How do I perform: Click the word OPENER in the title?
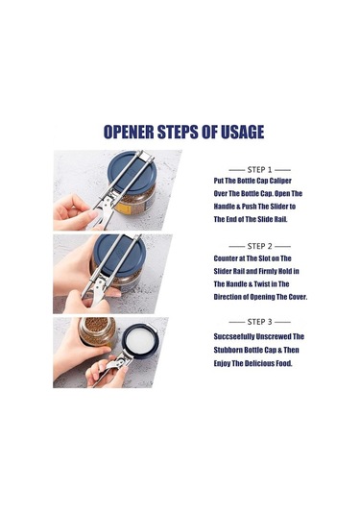pyautogui.click(x=129, y=132)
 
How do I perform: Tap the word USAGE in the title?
pyautogui.click(x=243, y=132)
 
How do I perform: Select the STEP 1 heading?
pyautogui.click(x=260, y=170)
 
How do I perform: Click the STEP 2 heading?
pyautogui.click(x=260, y=246)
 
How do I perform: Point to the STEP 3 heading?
pyautogui.click(x=260, y=322)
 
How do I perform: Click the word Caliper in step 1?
pyautogui.click(x=280, y=181)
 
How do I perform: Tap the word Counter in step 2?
pyautogui.click(x=226, y=258)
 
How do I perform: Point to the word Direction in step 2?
pyautogui.click(x=227, y=297)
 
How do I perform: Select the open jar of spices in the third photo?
pyautogui.click(x=97, y=331)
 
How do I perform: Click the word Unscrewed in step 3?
pyautogui.click(x=274, y=336)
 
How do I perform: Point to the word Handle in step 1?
pyautogui.click(x=225, y=207)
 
